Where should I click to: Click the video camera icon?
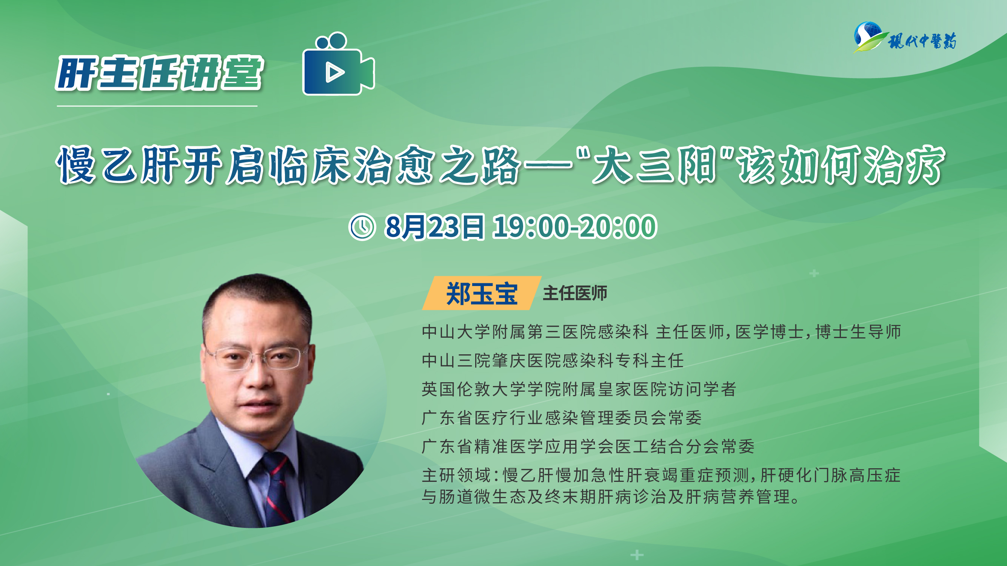pyautogui.click(x=339, y=65)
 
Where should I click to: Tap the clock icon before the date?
pyautogui.click(x=362, y=227)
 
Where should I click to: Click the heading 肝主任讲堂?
pyautogui.click(x=160, y=73)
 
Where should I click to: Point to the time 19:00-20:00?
pyautogui.click(x=574, y=227)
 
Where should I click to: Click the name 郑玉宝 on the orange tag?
pyautogui.click(x=482, y=294)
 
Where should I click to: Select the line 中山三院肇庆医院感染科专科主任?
pyautogui.click(x=553, y=360)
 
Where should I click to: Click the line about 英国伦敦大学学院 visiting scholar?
pyautogui.click(x=579, y=389)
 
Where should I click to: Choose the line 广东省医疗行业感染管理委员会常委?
pyautogui.click(x=562, y=417)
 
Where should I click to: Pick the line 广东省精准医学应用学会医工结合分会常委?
pyautogui.click(x=588, y=446)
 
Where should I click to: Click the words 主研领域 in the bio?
pyautogui.click(x=456, y=475)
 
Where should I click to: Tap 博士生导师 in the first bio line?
pyautogui.click(x=858, y=332)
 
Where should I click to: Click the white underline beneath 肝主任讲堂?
pyautogui.click(x=157, y=106)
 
